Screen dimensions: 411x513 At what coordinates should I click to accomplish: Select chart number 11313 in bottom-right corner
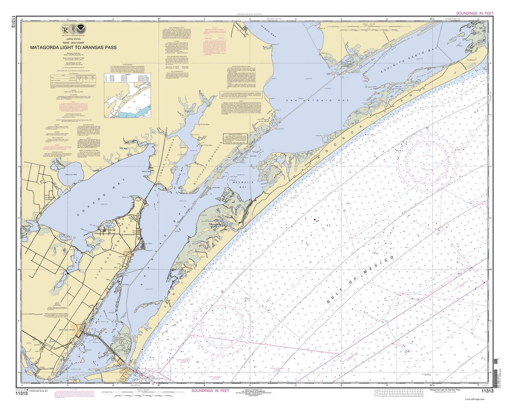tap(487, 391)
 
